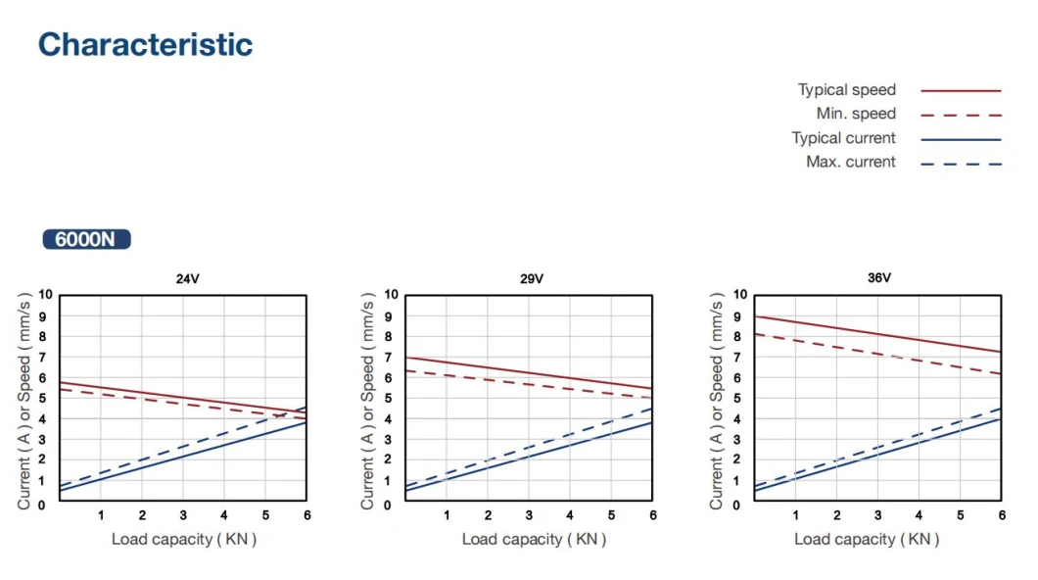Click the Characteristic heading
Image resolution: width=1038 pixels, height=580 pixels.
(x=145, y=45)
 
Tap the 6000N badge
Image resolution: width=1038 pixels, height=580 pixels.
(x=86, y=239)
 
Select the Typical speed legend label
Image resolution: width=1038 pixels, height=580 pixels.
(x=846, y=90)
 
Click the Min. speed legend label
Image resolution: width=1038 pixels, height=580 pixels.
(x=855, y=114)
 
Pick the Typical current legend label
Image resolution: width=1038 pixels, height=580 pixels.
(x=843, y=138)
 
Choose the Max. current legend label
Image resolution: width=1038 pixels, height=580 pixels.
(x=850, y=162)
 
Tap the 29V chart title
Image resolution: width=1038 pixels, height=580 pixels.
(x=532, y=278)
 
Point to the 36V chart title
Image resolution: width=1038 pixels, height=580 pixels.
(x=879, y=278)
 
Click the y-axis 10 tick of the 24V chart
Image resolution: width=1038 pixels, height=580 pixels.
(x=45, y=294)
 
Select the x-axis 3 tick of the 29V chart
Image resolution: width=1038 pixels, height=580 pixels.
(x=529, y=515)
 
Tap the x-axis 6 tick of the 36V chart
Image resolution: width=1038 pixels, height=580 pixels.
(x=1001, y=515)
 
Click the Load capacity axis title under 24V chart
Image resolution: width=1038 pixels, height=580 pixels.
(x=183, y=539)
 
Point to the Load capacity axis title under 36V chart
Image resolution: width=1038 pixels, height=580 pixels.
(x=866, y=539)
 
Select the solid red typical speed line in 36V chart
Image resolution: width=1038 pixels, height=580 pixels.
(x=877, y=334)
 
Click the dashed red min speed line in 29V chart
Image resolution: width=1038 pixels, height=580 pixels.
(x=529, y=384)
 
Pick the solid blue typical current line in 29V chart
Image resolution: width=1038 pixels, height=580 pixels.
(x=529, y=456)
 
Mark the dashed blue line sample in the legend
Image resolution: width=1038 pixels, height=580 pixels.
(x=961, y=163)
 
